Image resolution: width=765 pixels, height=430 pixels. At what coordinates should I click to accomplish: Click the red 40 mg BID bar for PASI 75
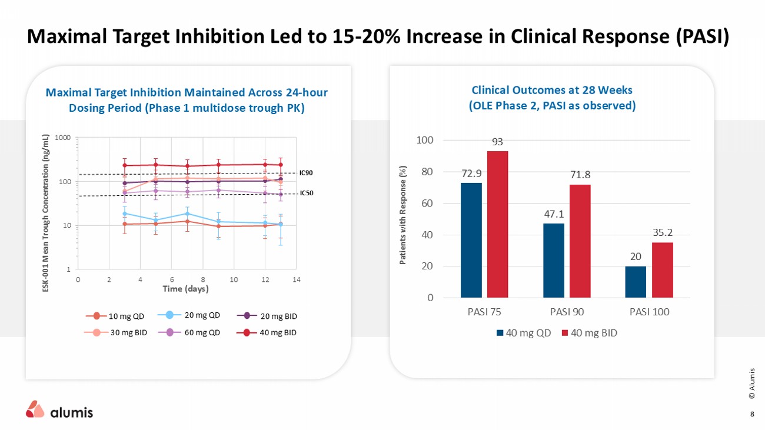tap(497, 224)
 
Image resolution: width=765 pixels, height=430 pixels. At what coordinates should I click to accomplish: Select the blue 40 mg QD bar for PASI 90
tap(553, 260)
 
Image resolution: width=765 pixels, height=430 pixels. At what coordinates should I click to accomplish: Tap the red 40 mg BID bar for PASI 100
tap(662, 269)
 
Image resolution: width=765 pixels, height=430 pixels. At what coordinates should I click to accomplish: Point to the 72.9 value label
tap(471, 174)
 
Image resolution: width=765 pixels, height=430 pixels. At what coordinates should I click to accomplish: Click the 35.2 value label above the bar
tap(663, 234)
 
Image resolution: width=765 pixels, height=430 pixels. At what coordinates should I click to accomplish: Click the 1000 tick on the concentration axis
tap(63, 138)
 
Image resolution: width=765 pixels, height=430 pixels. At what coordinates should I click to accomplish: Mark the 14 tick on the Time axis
tap(296, 279)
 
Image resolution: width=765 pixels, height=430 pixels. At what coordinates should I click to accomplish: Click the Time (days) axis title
tap(185, 289)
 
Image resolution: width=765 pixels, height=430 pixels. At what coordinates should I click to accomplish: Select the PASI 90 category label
tap(567, 312)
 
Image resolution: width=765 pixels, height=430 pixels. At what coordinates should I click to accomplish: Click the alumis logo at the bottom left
tap(59, 411)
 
